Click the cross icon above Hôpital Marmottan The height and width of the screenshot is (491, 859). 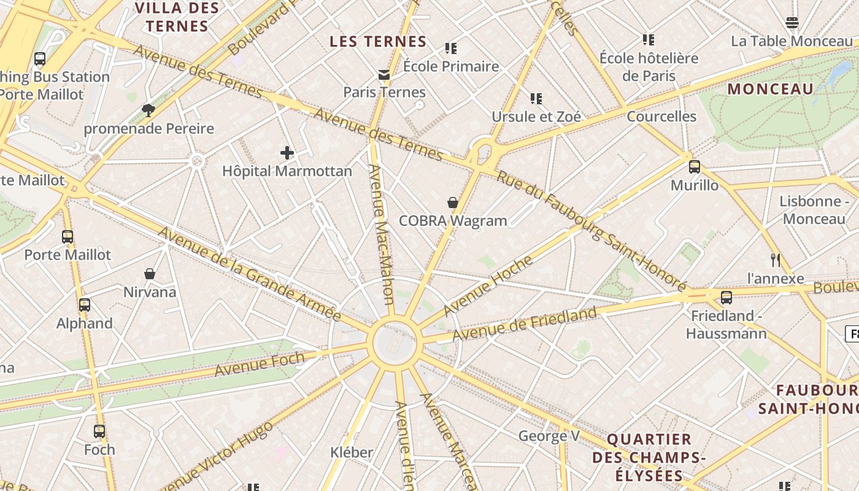pos(287,153)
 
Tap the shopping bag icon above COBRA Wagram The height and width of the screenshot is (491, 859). pos(453,203)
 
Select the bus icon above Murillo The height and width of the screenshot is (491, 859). pos(695,167)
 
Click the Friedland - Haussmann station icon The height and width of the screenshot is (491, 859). pos(726,298)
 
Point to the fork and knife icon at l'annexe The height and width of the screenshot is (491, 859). pos(776,260)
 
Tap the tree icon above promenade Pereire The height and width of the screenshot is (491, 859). pos(148,110)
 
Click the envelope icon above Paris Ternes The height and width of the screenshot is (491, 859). pos(384,75)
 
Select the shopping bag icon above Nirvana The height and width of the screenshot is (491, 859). pos(150,274)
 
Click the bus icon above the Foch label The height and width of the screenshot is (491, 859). pos(99,431)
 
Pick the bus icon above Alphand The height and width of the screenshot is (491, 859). pos(85,305)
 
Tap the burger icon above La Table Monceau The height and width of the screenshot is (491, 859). pos(792,23)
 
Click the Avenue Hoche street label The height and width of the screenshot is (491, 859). pos(488,286)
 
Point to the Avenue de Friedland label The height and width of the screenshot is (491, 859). pos(524,324)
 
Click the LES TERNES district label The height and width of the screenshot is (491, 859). pos(378,42)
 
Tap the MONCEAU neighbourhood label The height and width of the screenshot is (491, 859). pos(771,89)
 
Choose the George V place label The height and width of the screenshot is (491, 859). pos(549,436)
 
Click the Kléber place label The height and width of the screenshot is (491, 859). pos(352,453)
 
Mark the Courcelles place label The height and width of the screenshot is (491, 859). pos(661,117)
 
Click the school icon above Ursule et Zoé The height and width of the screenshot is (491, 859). pos(536,98)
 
